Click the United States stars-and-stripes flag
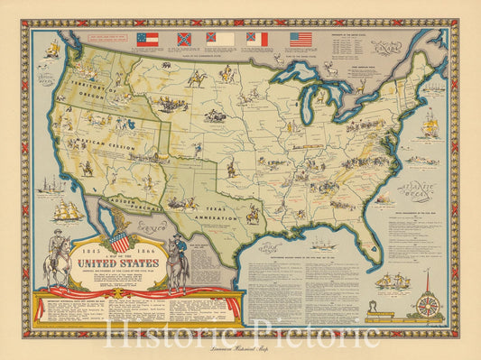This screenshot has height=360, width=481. (x=301, y=39)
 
